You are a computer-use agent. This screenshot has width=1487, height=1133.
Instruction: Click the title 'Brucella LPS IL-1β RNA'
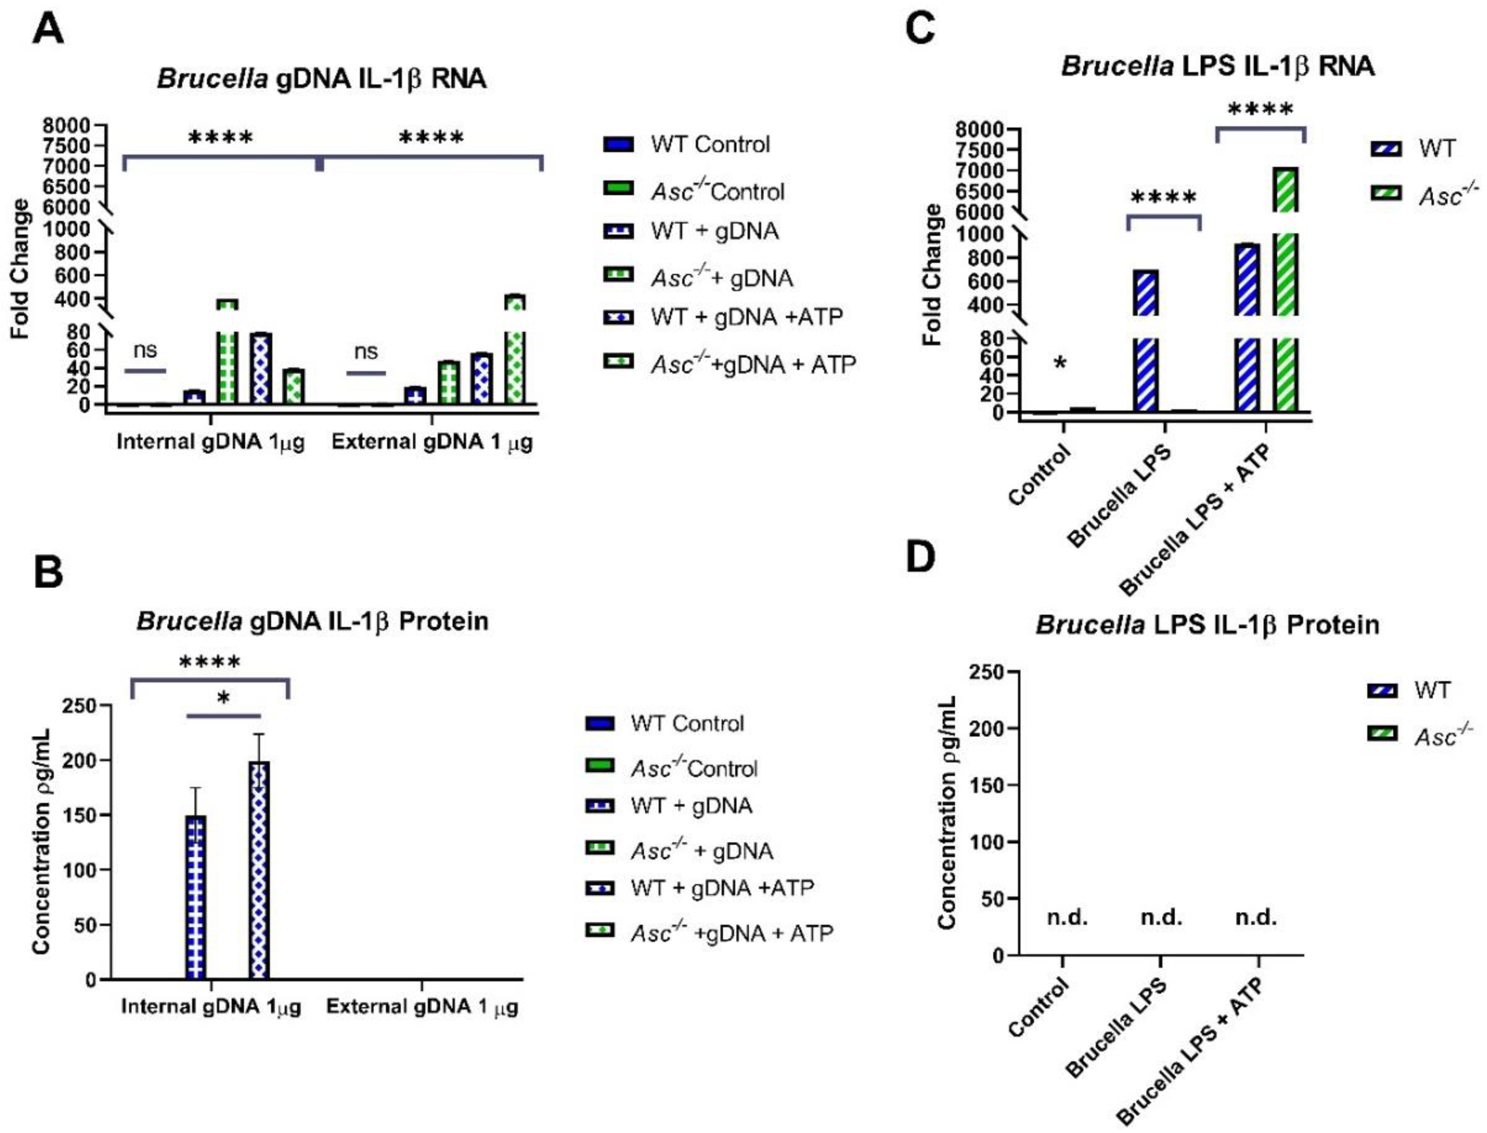1218,66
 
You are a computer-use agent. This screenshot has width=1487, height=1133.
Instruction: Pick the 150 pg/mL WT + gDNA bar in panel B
195,897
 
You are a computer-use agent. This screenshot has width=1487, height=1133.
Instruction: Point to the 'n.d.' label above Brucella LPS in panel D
1161,918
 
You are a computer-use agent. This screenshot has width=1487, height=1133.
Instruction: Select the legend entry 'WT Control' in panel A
709,144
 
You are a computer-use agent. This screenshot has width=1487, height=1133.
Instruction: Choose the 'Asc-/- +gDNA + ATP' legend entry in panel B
732,933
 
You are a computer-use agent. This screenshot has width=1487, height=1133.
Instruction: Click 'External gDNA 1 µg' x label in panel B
423,1007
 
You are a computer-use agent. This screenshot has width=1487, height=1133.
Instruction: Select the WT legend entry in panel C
1436,148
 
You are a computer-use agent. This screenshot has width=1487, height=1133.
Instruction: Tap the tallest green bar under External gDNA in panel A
516,351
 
